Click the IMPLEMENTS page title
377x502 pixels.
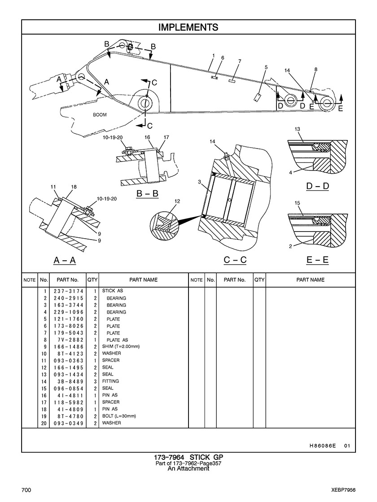point(188,27)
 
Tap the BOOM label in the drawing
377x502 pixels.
point(100,115)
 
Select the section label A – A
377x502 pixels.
point(65,260)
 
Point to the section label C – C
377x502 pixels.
point(235,260)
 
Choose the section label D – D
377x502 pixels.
point(317,186)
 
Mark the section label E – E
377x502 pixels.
point(317,260)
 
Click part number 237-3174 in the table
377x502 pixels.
point(69,291)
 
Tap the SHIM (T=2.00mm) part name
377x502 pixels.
point(121,346)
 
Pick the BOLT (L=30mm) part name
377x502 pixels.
point(119,416)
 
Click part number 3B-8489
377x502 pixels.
point(69,381)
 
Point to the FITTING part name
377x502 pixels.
point(110,381)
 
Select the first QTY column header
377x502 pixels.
point(92,280)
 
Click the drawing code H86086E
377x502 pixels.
point(323,445)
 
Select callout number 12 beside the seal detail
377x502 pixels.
point(177,201)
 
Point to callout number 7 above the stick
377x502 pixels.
point(240,61)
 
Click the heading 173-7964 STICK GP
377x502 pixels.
point(188,457)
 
